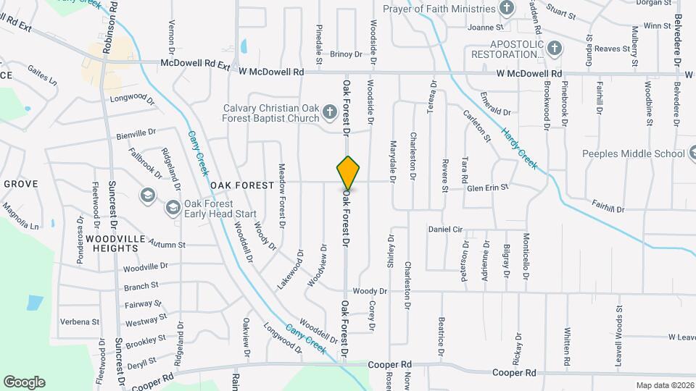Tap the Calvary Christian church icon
pos(330,112)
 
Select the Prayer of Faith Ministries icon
pos(507,9)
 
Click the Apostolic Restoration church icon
pos(555,49)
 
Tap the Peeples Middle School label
pos(633,154)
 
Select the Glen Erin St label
pos(488,188)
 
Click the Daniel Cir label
pos(445,229)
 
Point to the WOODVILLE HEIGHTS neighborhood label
pos(112,243)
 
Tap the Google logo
pos(24,382)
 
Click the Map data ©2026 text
pos(665,384)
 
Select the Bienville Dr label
pos(136,134)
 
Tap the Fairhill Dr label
pos(607,208)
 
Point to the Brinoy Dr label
pos(345,54)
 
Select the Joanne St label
pos(486,28)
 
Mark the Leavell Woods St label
pos(620,316)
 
